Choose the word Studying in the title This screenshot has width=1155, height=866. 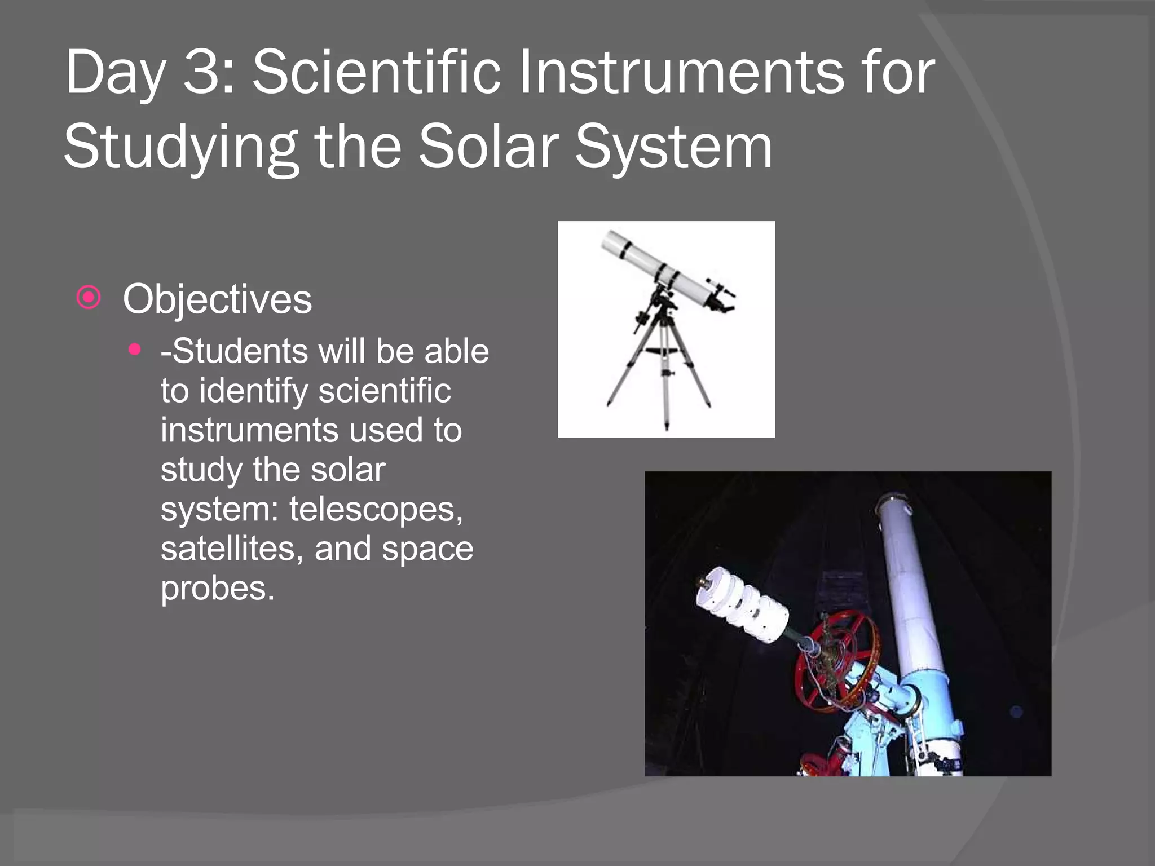(x=180, y=148)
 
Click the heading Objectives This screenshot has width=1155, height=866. (x=217, y=299)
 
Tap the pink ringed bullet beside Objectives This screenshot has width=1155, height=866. (x=89, y=297)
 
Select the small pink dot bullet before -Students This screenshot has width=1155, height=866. (x=134, y=350)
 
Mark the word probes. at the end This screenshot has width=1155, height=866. (x=218, y=589)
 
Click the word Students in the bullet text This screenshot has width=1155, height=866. (x=240, y=351)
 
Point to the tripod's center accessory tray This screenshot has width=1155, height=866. (x=666, y=352)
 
